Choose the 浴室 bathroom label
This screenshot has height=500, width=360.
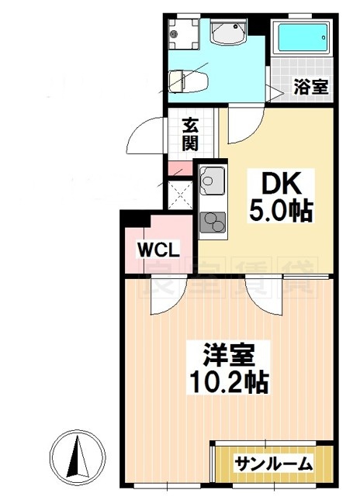(x=310, y=87)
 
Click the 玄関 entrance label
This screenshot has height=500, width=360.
(x=190, y=133)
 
